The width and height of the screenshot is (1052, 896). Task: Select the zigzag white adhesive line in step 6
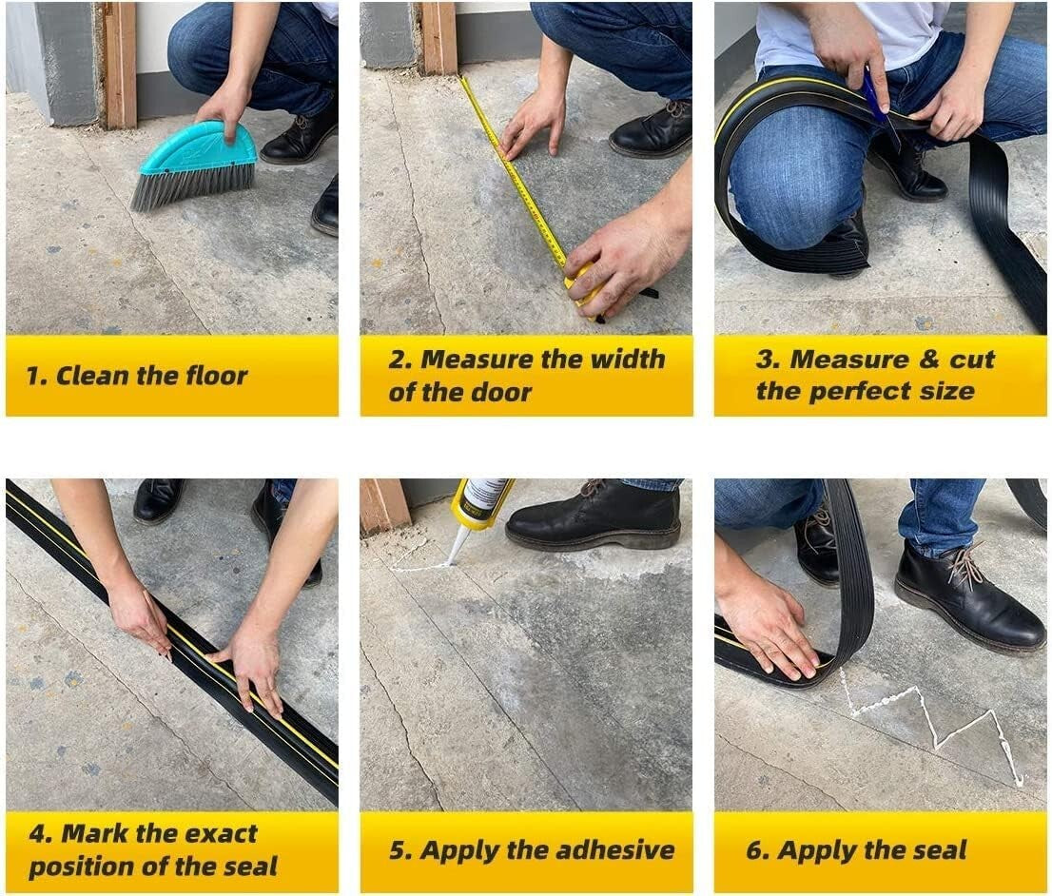point(932,723)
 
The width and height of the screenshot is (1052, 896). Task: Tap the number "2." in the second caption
point(400,360)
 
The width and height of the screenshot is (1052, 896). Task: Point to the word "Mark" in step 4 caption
point(93,834)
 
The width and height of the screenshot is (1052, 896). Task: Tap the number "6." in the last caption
point(757,850)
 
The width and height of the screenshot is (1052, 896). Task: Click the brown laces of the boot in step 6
point(964,568)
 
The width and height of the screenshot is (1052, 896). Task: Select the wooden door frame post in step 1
point(120,62)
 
